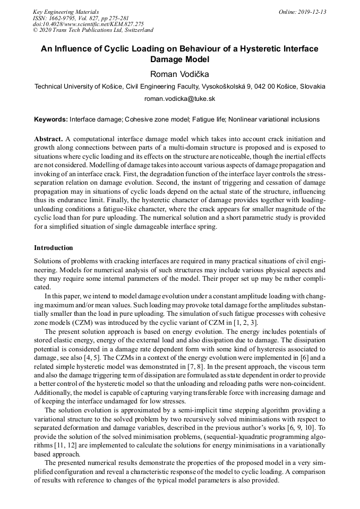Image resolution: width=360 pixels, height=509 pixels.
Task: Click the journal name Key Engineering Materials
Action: pos(66,12)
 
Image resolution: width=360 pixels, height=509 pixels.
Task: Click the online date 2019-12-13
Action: pos(302,12)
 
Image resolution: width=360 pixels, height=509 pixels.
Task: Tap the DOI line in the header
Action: pos(88,24)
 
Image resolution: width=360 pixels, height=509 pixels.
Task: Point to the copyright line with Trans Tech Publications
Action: pos(93,31)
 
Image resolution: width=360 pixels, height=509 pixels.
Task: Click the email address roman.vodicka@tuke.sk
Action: pos(179,99)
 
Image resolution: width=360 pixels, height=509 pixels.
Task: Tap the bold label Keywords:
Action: pos(51,120)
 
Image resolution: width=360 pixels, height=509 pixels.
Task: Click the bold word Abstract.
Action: pos(48,138)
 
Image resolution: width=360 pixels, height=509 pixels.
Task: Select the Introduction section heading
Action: pos(54,248)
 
